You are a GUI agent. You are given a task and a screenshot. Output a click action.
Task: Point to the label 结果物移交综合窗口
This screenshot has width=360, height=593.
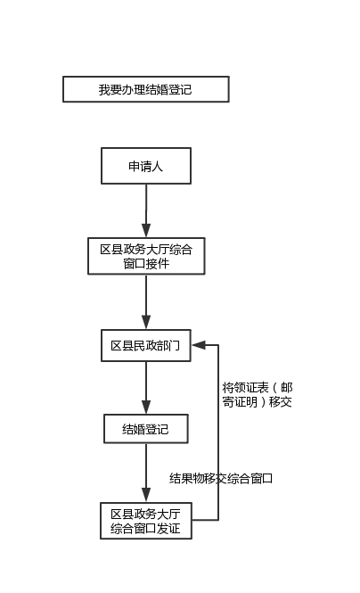click(221, 478)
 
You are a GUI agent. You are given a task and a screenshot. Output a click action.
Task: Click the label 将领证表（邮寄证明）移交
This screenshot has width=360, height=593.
click(258, 394)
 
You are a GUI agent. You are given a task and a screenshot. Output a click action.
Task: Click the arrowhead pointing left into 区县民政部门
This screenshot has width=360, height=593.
click(199, 345)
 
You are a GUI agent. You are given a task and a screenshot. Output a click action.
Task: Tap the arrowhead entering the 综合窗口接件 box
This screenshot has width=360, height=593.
click(146, 231)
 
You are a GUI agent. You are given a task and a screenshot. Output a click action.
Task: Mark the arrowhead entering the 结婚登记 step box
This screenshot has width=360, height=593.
click(146, 408)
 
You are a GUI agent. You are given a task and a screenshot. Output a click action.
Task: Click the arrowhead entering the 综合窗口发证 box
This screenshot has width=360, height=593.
click(146, 496)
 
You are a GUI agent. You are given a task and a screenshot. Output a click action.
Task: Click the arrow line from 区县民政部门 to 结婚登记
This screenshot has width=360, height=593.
click(146, 388)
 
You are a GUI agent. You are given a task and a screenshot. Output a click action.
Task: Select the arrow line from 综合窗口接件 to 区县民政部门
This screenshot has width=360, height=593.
click(146, 301)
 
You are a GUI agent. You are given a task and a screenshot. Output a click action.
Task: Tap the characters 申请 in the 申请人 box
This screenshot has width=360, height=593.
click(140, 166)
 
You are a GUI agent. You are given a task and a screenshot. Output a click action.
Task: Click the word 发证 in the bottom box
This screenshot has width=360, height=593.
click(168, 528)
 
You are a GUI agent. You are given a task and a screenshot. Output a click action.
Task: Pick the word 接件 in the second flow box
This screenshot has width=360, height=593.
click(158, 263)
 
